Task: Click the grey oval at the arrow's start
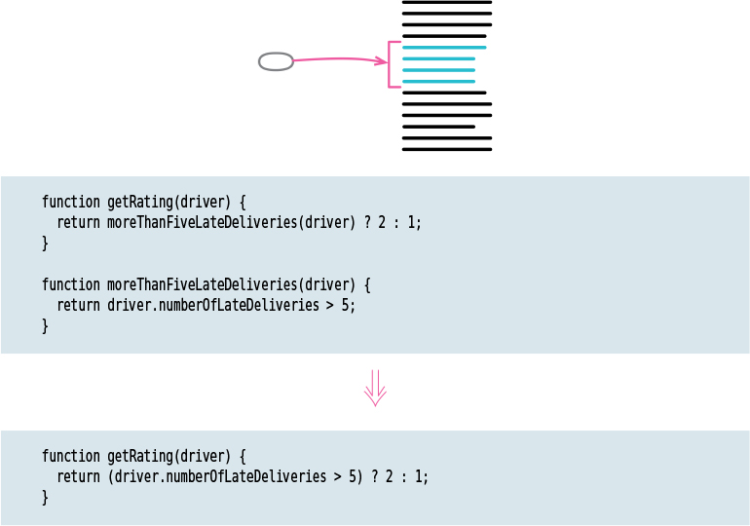pyautogui.click(x=276, y=61)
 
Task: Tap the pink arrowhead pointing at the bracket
pyautogui.click(x=381, y=61)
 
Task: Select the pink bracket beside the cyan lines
pyautogui.click(x=391, y=64)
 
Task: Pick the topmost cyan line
pyautogui.click(x=443, y=47)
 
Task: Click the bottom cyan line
pyautogui.click(x=438, y=82)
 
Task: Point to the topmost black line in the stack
pyautogui.click(x=446, y=3)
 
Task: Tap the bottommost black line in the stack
pyautogui.click(x=446, y=149)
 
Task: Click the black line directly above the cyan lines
pyautogui.click(x=443, y=36)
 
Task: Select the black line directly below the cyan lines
pyautogui.click(x=443, y=94)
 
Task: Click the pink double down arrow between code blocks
pyautogui.click(x=375, y=388)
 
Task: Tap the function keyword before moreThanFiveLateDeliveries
pyautogui.click(x=70, y=284)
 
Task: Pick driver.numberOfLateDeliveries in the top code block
pyautogui.click(x=213, y=305)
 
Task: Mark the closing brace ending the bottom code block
pyautogui.click(x=45, y=497)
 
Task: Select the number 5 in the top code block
pyautogui.click(x=349, y=305)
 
